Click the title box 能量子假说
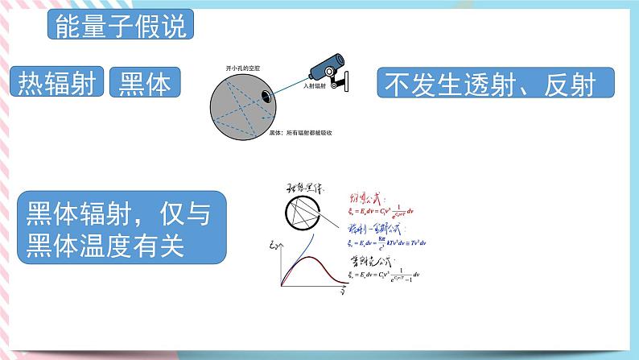[x=120, y=26]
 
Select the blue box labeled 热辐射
[x=60, y=84]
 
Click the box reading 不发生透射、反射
[x=495, y=83]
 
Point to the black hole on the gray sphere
[x=265, y=98]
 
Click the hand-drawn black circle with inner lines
[x=303, y=213]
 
